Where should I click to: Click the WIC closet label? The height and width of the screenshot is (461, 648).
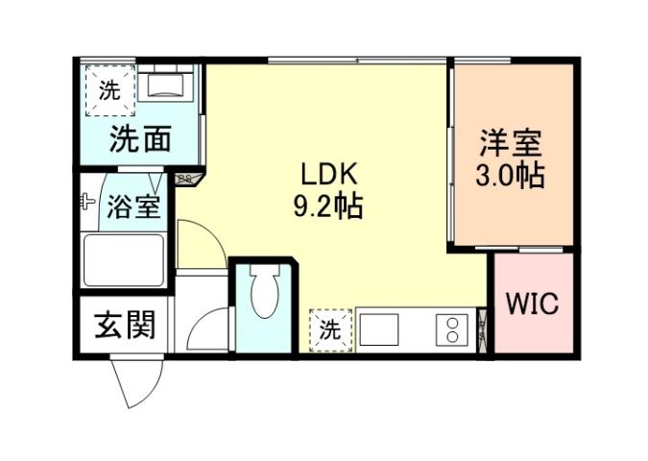point(532,304)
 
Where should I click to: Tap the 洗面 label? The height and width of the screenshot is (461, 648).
point(139,140)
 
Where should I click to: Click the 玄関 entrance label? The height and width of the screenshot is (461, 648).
point(124,327)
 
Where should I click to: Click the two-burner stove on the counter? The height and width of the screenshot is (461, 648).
point(450,329)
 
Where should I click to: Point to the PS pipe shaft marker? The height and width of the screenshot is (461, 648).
point(185,178)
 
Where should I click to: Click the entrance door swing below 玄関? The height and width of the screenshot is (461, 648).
point(132,382)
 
